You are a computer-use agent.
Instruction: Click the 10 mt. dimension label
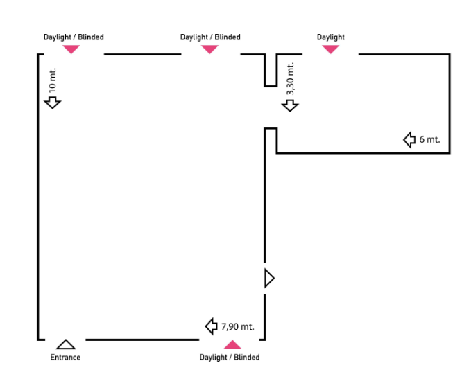coord(53,80)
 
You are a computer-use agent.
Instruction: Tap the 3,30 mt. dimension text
coord(290,78)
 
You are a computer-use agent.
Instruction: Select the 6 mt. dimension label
coord(429,139)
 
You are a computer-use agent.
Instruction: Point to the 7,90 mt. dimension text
coord(237,326)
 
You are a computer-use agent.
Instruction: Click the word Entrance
coord(65,358)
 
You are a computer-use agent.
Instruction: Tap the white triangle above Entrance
coord(66,344)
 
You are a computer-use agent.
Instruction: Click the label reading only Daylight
coord(331,37)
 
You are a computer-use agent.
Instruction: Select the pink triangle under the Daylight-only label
coord(331,49)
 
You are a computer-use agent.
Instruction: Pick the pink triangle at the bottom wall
coord(232,344)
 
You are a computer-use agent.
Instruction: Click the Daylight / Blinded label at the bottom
coord(230,358)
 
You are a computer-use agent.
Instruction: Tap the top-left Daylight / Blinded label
coord(74,37)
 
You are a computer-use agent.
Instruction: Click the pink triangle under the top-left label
coord(71,49)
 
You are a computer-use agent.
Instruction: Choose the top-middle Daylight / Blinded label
coord(210,37)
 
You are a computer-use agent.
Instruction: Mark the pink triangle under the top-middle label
coord(209,49)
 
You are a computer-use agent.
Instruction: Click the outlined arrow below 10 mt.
coord(53,103)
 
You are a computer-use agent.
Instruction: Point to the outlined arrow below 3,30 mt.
coord(290,105)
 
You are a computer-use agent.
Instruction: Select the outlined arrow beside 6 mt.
coord(409,140)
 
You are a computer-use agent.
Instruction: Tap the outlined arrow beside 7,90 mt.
coord(212,326)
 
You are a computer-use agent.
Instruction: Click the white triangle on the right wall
coord(269,278)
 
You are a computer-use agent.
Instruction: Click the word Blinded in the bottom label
coord(247,358)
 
